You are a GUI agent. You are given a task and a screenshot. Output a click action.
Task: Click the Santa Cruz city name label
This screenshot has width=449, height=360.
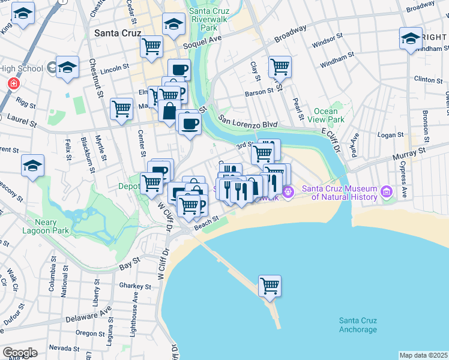point(118,34)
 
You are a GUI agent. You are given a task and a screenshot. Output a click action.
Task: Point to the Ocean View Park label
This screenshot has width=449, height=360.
point(329,116)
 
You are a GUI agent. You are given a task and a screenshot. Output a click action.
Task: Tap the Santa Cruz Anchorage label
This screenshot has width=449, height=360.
point(358,325)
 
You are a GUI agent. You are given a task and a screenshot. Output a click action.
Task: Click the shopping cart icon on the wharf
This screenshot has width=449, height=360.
point(270,286)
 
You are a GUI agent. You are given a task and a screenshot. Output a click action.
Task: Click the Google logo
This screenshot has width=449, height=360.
point(20,352)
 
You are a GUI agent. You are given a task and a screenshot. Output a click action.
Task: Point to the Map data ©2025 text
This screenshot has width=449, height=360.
point(423,355)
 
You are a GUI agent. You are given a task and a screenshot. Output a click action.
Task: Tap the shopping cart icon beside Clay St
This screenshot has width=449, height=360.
point(280,67)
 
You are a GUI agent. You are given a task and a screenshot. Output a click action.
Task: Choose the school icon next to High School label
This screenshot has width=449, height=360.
point(67,69)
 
